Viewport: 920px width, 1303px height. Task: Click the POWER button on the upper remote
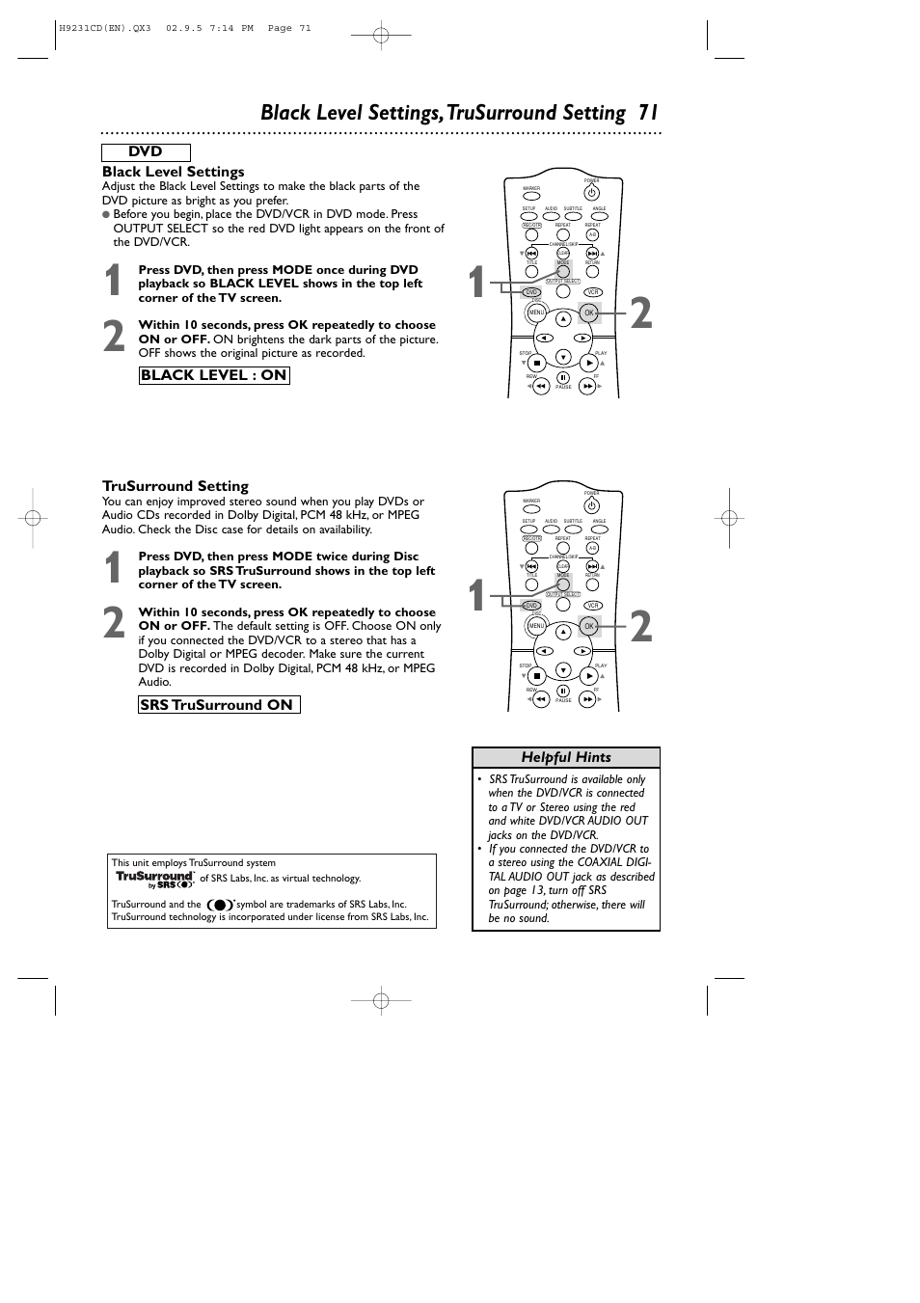point(592,193)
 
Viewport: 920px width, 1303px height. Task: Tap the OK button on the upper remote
point(589,313)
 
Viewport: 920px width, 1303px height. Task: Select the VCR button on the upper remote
point(592,292)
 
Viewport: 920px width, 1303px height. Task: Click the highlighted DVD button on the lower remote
point(531,606)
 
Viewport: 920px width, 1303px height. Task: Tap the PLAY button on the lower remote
point(589,676)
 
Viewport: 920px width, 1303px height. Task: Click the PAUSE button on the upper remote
point(563,378)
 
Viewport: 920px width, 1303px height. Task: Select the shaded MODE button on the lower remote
point(563,584)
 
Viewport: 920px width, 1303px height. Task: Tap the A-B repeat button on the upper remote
point(592,234)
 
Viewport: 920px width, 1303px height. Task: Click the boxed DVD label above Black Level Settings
point(146,152)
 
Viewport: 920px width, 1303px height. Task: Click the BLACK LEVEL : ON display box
point(214,375)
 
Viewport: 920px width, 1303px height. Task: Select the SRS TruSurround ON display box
point(219,705)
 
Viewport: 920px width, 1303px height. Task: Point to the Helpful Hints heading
point(566,758)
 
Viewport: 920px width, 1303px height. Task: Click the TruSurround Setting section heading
point(176,486)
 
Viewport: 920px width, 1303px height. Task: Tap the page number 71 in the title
point(647,113)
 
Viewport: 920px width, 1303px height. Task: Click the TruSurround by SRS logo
point(154,879)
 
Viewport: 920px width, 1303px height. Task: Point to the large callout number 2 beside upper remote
point(641,314)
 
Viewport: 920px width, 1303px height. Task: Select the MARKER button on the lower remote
point(531,509)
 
